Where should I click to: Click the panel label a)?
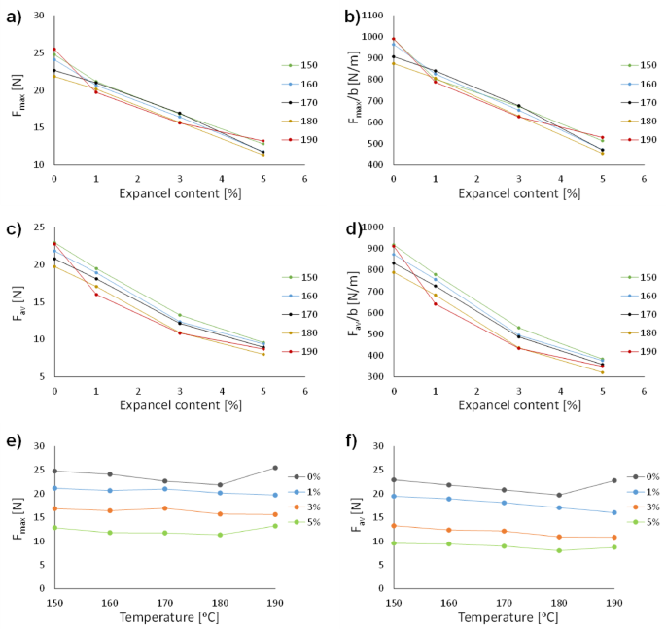11,16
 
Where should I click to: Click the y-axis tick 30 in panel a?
38,17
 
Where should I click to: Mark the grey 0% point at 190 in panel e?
275,468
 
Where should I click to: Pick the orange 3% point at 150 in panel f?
394,526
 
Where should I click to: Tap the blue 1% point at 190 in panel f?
614,512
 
